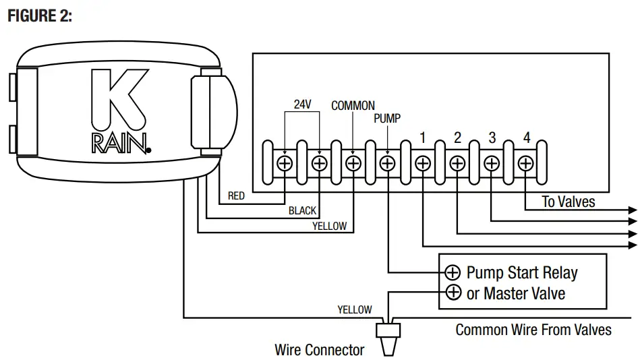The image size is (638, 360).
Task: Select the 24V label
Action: pos(301,104)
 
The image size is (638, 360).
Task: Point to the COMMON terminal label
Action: pos(353,106)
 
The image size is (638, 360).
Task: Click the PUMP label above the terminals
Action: pos(387,119)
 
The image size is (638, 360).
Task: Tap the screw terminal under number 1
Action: pos(423,163)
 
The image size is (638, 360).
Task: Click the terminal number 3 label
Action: pos(492,138)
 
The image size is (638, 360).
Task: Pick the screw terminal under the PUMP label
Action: pos(388,163)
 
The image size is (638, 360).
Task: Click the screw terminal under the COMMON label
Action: pos(353,163)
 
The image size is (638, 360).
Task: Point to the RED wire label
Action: pos(236,196)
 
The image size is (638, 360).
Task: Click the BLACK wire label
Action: pos(302,211)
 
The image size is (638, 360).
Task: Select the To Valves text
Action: pos(569,202)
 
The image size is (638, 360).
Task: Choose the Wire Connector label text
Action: pos(319,350)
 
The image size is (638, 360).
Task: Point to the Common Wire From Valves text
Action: pos(533,330)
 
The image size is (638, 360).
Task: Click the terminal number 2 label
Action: pos(458,138)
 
